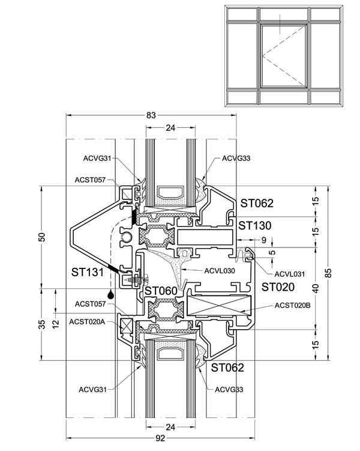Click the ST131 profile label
(88, 272)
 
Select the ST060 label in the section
(161, 291)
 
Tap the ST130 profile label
(255, 226)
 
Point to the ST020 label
(278, 287)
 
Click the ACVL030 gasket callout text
(220, 271)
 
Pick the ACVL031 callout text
(289, 274)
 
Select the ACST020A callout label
(87, 321)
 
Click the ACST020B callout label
(292, 305)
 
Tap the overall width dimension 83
(151, 115)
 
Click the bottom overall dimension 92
(160, 438)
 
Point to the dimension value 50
(42, 237)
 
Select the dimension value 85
(329, 273)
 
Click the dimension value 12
(56, 324)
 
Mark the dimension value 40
(316, 288)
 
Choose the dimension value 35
(42, 324)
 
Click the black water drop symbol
(110, 294)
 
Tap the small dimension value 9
(264, 240)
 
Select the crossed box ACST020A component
(127, 326)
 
